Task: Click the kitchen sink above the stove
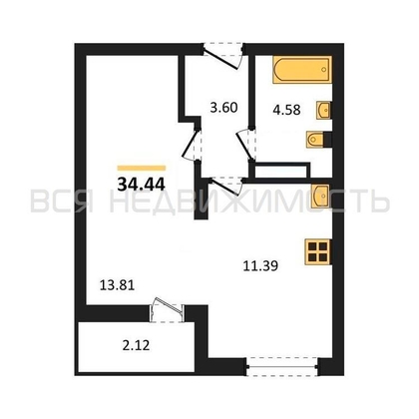tap(321, 195)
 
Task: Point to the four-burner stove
tap(317, 251)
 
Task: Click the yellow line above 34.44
tap(141, 165)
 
